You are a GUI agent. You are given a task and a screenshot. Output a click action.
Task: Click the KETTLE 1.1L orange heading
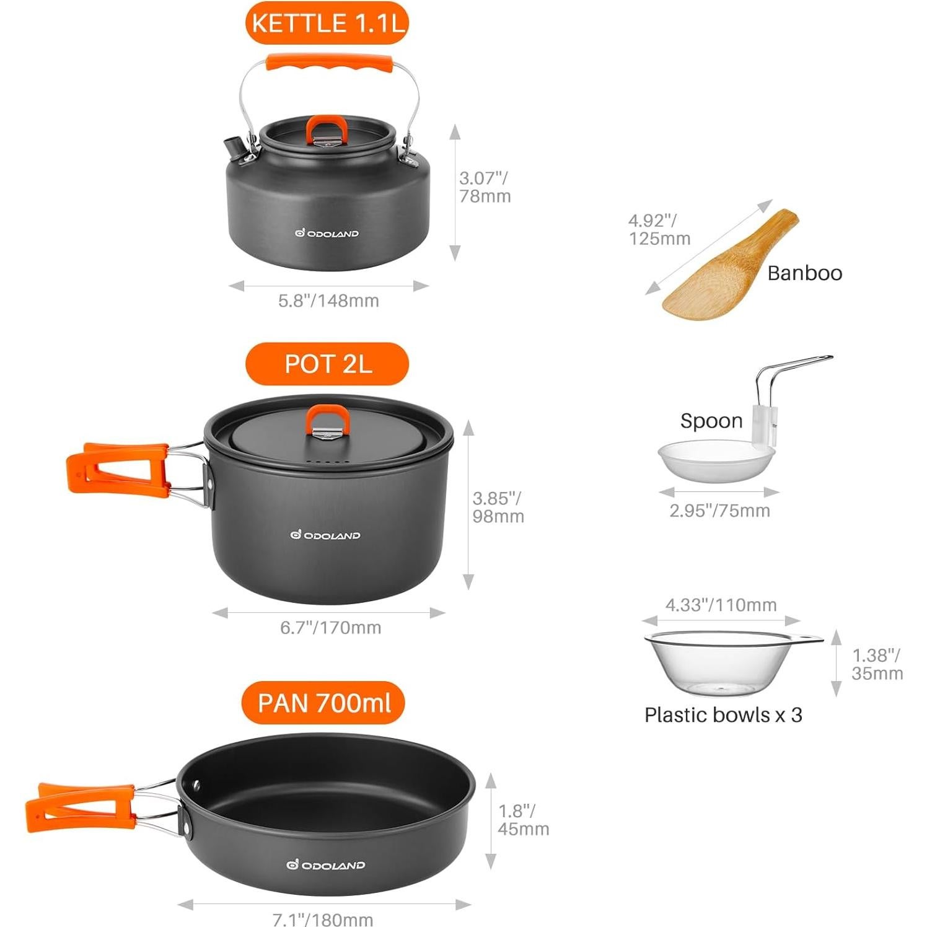point(327,24)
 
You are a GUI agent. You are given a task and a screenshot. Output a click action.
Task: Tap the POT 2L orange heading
point(327,364)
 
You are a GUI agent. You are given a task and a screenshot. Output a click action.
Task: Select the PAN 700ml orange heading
point(323,703)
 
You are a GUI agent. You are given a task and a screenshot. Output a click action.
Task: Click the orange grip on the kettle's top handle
point(329,63)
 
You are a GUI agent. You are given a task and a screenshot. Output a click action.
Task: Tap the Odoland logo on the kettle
point(327,234)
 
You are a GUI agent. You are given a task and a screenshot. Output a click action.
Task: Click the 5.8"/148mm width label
point(328,301)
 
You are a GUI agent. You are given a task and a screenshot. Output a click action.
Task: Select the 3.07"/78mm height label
point(485,187)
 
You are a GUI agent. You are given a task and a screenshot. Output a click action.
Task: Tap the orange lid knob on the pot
point(328,419)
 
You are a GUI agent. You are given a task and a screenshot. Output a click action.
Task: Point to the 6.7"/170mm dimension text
point(330,628)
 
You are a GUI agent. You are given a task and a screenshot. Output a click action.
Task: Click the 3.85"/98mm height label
point(498,507)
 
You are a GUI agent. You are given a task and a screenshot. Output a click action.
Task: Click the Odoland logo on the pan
point(325,865)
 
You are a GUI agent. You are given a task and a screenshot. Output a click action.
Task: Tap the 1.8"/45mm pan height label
point(523,820)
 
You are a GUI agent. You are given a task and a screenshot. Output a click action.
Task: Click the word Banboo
point(804,273)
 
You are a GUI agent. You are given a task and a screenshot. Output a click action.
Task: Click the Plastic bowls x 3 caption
point(723,715)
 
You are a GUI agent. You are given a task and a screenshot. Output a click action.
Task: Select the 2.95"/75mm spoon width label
point(719,511)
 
